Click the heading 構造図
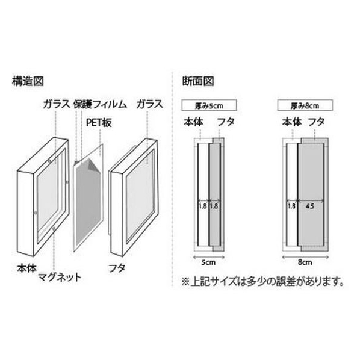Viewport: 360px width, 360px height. click(28, 81)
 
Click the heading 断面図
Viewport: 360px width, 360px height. click(198, 81)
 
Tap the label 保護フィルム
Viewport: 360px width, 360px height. click(100, 104)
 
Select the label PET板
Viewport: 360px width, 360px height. click(99, 123)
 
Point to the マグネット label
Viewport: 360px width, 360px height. click(60, 277)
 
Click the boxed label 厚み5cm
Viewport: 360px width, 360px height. click(209, 105)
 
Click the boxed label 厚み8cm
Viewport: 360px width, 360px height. click(305, 105)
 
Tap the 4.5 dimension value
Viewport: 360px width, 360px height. click(309, 206)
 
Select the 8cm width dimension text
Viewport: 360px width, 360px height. click(305, 262)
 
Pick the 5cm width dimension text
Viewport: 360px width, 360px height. click(208, 262)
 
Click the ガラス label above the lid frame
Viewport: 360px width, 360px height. click(149, 104)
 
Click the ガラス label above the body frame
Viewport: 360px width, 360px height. click(57, 104)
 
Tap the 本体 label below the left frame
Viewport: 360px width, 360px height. click(27, 268)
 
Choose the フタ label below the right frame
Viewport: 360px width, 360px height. click(117, 268)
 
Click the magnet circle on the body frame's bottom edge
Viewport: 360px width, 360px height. click(54, 229)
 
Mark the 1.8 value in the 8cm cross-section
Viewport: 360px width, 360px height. click(291, 206)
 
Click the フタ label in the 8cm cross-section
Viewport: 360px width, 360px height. click(317, 122)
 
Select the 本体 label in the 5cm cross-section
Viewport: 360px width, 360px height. click(194, 122)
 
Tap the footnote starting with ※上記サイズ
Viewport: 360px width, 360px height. click(262, 281)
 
